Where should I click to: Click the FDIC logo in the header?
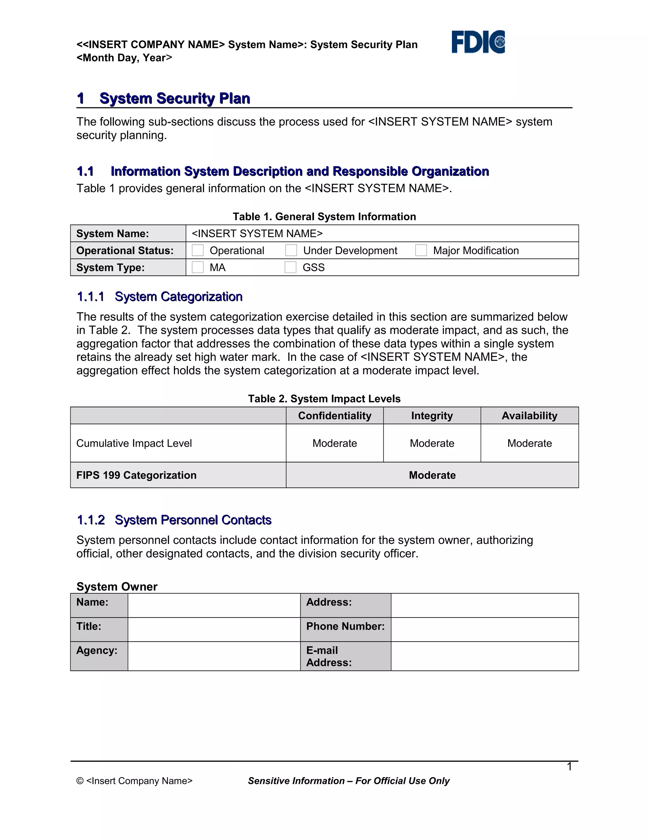tap(478, 42)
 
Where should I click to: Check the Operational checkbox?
tap(198, 250)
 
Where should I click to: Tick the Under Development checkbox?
tap(291, 250)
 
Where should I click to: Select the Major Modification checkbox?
tap(421, 250)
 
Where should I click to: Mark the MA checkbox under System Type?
tap(198, 267)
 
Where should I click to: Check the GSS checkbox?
tap(291, 267)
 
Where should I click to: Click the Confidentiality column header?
tap(335, 416)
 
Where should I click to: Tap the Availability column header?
tap(530, 416)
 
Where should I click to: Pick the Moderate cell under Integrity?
tap(432, 443)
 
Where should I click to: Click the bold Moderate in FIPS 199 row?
tap(432, 475)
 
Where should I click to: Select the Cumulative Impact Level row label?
tap(134, 443)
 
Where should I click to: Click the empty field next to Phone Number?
tap(485, 630)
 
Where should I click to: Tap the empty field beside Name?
tap(214, 605)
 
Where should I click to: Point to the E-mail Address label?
tap(329, 656)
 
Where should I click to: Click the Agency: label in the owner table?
tap(97, 650)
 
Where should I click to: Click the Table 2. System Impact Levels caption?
tap(324, 399)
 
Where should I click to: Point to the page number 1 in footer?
tap(569, 766)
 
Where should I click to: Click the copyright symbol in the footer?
tap(80, 781)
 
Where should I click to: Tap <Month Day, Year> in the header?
tap(124, 58)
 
